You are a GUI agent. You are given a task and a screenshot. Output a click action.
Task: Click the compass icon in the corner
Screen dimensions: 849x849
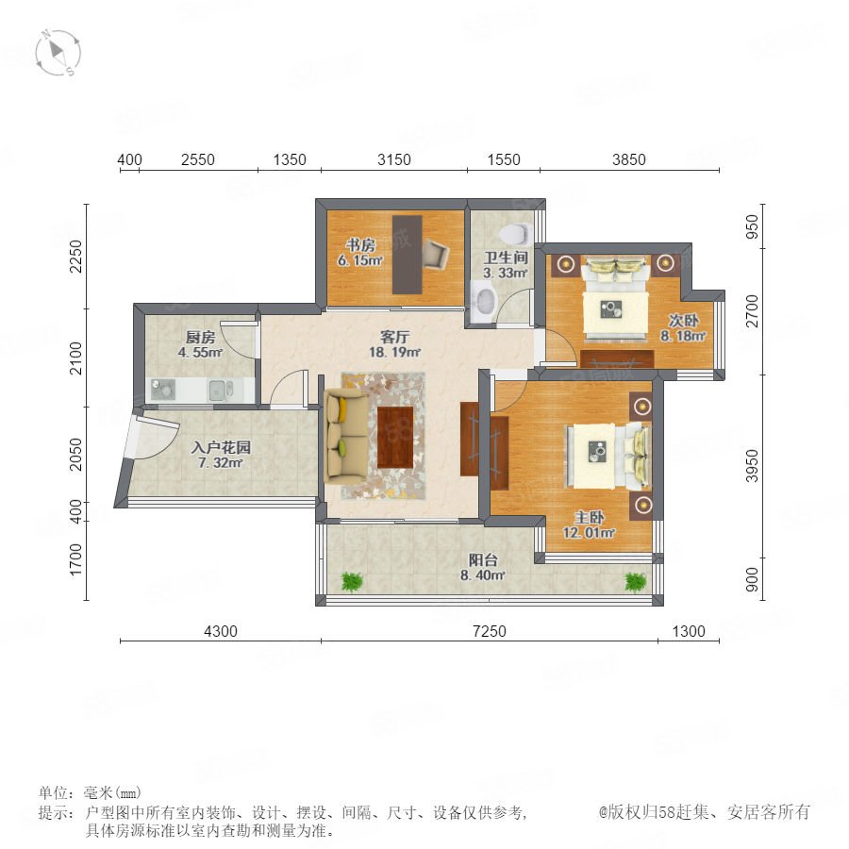point(58,53)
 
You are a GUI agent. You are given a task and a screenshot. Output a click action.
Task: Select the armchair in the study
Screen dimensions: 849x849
point(435,254)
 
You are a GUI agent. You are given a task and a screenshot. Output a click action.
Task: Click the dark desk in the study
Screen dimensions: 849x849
point(408,255)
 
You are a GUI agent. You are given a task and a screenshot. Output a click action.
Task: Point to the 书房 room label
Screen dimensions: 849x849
point(360,244)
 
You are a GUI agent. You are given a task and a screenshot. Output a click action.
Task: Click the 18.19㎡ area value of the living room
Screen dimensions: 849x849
point(394,353)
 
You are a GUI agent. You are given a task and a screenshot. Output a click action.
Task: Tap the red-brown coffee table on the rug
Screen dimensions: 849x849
point(395,437)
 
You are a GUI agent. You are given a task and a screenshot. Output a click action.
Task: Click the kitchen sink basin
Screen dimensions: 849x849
point(218,390)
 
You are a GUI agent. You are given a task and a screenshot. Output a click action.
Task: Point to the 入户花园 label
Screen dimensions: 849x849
point(221,447)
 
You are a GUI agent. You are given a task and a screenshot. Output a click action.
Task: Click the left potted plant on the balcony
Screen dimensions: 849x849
point(352,581)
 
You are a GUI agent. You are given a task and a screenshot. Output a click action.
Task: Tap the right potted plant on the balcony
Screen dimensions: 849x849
point(635,581)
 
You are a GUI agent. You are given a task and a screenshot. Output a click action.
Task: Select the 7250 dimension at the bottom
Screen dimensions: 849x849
point(490,631)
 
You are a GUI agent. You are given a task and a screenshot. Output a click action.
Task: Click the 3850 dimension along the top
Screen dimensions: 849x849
point(628,159)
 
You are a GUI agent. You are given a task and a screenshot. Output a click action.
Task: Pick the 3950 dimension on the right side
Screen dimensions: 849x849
point(752,465)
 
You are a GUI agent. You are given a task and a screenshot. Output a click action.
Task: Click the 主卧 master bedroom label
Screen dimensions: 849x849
point(589,517)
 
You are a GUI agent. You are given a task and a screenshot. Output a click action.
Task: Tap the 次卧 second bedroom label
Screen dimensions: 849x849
point(683,321)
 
